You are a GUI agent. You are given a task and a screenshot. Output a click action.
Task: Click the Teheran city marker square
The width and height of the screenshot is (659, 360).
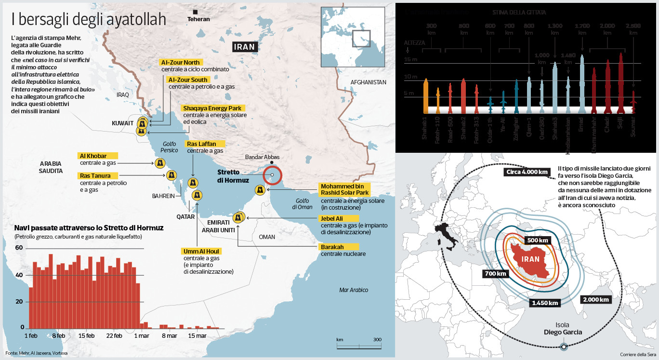(196, 12)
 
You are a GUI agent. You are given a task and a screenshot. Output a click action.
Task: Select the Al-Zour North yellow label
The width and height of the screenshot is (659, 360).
(181, 63)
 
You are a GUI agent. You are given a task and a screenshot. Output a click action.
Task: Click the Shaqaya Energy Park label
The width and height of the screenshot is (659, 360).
(212, 108)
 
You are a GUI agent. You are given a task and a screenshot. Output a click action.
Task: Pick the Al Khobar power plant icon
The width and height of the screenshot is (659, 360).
(159, 163)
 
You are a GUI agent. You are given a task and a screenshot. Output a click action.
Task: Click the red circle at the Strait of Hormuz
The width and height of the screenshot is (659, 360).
(272, 175)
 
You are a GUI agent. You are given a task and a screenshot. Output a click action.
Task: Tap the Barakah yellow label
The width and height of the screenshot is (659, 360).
(332, 247)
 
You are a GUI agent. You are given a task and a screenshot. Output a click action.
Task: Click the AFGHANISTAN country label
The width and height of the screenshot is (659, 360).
(369, 82)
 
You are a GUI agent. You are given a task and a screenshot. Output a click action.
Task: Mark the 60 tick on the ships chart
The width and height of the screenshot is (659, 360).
(19, 248)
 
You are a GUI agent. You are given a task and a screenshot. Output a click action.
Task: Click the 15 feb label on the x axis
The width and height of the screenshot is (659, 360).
(87, 335)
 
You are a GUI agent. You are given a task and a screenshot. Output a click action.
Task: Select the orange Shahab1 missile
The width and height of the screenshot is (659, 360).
(425, 96)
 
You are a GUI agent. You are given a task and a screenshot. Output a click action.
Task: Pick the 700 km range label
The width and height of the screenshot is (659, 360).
(495, 274)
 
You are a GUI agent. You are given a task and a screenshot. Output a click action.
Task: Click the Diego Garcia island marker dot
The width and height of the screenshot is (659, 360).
(564, 346)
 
